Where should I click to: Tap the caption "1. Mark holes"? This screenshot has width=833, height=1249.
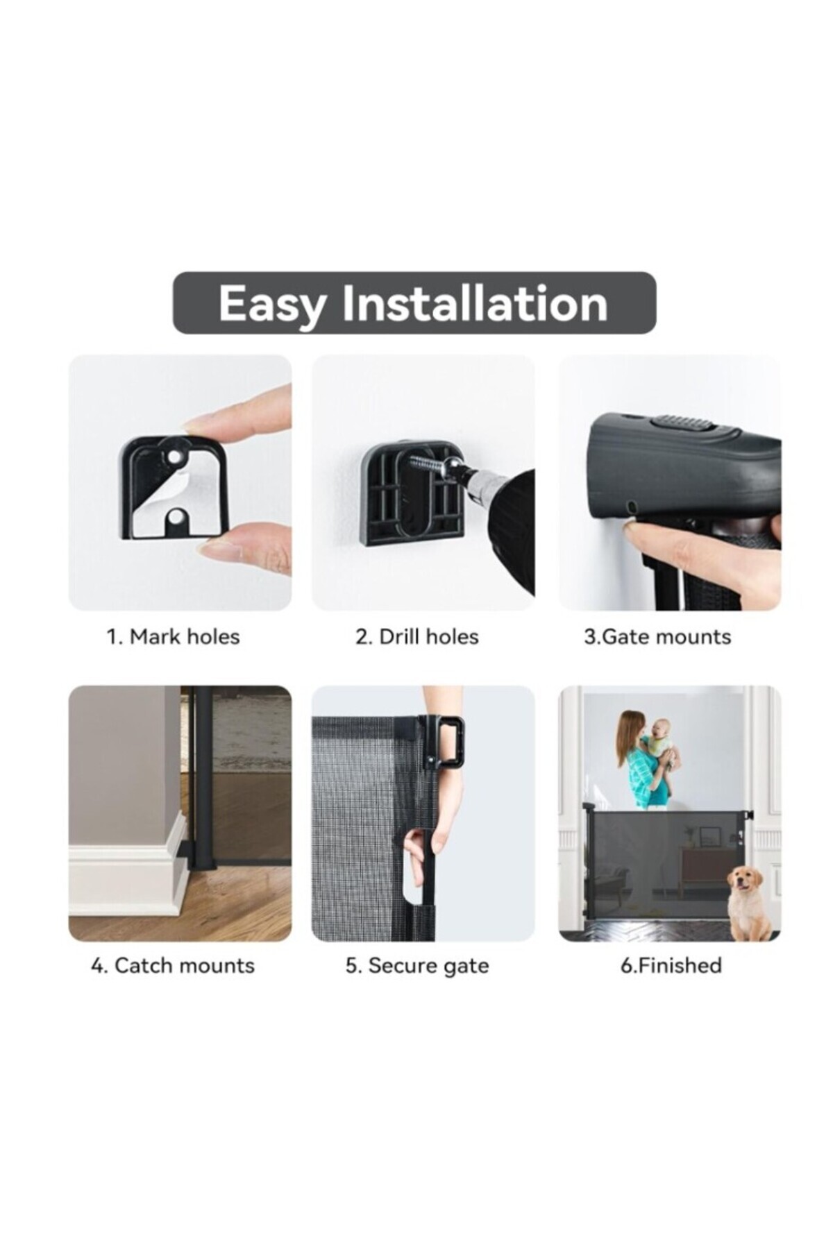[x=173, y=636]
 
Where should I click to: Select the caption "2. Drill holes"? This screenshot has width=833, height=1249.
[x=417, y=636]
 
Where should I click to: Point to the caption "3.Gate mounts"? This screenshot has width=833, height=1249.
[x=657, y=636]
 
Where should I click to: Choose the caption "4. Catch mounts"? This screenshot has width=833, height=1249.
[x=173, y=965]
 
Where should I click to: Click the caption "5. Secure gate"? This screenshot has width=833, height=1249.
[x=417, y=965]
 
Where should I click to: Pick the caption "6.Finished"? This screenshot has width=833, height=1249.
[x=671, y=965]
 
